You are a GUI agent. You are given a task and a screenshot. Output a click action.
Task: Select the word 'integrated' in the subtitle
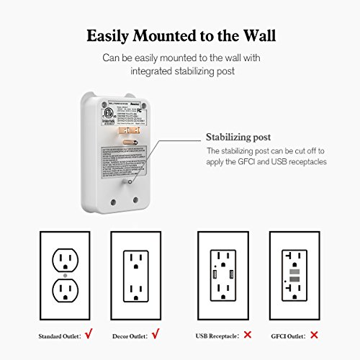click(x=152, y=71)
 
